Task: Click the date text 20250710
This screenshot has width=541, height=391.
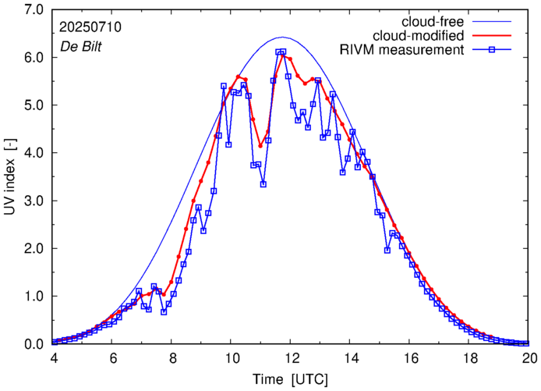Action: pyautogui.click(x=90, y=26)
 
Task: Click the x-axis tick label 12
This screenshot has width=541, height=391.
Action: pyautogui.click(x=291, y=357)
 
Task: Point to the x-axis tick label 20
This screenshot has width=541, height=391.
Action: pyautogui.click(x=529, y=357)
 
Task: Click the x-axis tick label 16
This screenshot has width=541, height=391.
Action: pyautogui.click(x=410, y=357)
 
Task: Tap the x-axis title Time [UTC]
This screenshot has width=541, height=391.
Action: pyautogui.click(x=290, y=378)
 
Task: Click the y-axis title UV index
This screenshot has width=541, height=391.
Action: pyautogui.click(x=10, y=178)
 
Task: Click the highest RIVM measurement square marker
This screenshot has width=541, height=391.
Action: pyautogui.click(x=283, y=52)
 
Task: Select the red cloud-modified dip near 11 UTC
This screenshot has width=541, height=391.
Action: pyautogui.click(x=260, y=145)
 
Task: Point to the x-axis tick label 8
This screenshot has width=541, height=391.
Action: pyautogui.click(x=171, y=357)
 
